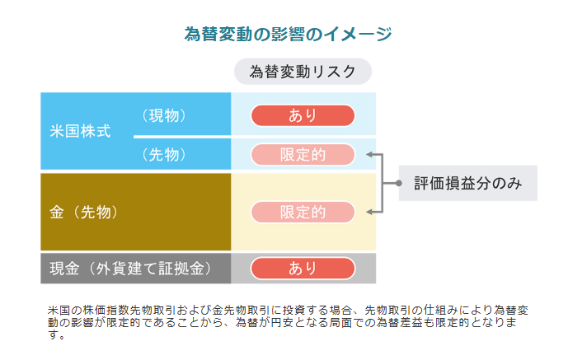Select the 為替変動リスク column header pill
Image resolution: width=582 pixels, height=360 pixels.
tap(303, 72)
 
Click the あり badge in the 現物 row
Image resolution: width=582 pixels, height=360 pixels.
tap(303, 115)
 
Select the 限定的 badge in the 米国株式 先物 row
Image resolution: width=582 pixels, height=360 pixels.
tap(303, 154)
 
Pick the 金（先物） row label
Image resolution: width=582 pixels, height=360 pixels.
tap(85, 212)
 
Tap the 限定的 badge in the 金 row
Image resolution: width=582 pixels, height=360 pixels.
tap(303, 212)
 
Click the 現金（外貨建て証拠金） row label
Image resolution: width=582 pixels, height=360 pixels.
tap(130, 268)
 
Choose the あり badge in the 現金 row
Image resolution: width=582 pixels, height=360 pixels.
tap(303, 268)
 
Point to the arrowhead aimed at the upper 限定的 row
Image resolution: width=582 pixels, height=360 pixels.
tap(369, 154)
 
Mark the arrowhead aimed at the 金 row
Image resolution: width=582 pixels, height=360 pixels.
tap(369, 212)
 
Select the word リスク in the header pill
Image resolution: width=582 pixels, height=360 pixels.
tap(338, 72)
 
